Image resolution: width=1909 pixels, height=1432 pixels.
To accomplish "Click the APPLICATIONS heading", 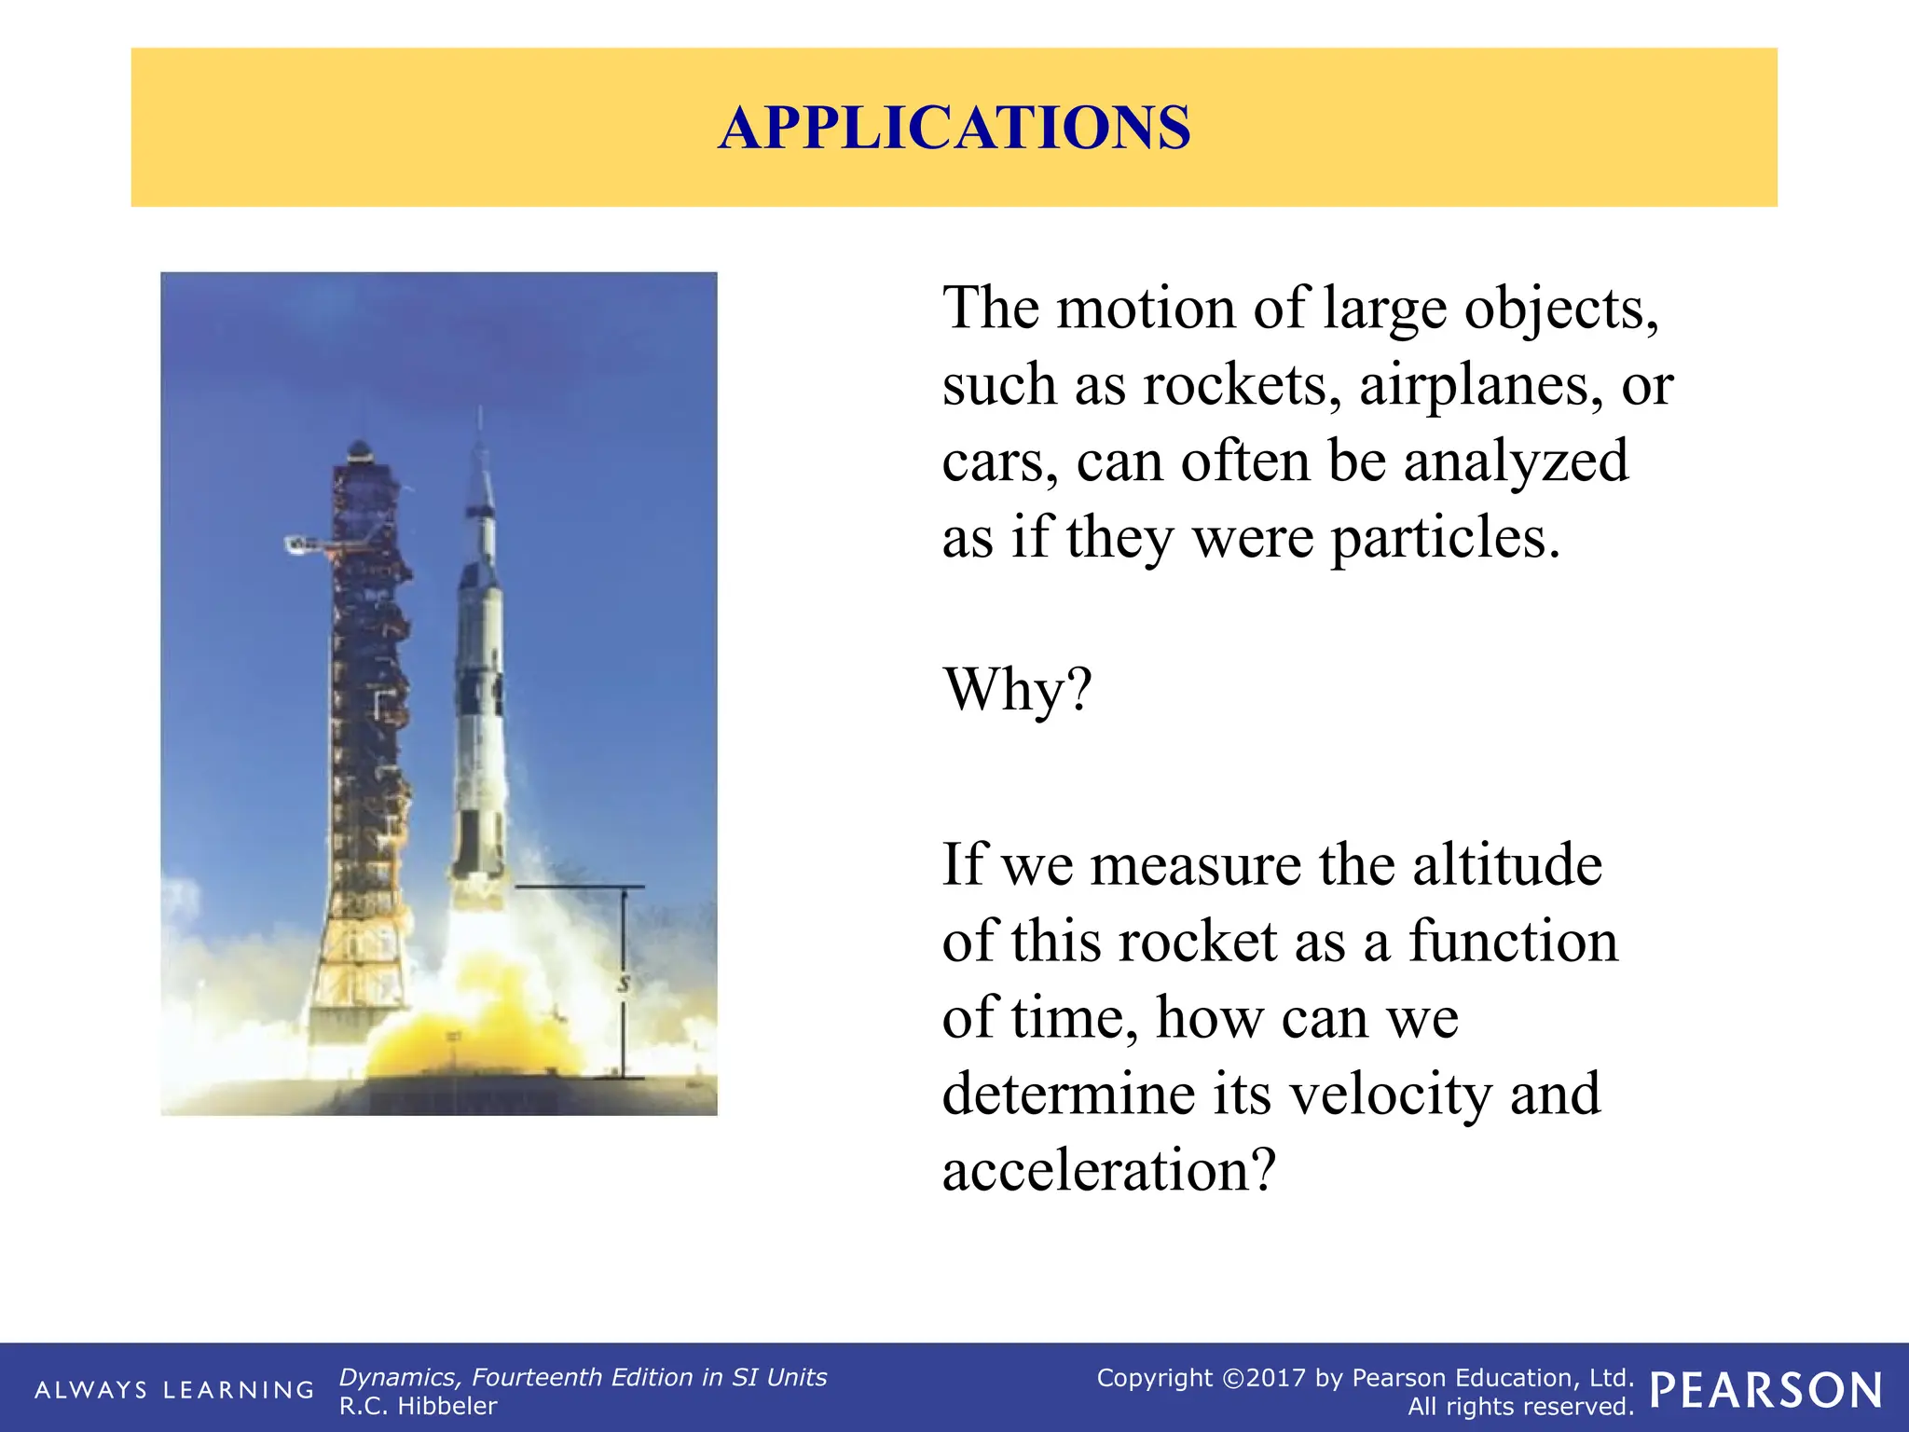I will (x=954, y=128).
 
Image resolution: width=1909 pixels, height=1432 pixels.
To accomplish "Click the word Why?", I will (x=1017, y=690).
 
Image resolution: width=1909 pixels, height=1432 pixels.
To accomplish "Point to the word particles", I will (x=1444, y=539).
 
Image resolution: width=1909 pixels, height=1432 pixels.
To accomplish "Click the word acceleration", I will (x=1107, y=1170).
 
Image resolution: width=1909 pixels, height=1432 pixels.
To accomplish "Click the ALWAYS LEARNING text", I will (x=174, y=1390).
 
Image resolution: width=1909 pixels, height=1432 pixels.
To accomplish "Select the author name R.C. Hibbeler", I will (x=418, y=1406).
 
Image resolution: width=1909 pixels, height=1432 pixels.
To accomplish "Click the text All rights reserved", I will (x=1520, y=1406).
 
